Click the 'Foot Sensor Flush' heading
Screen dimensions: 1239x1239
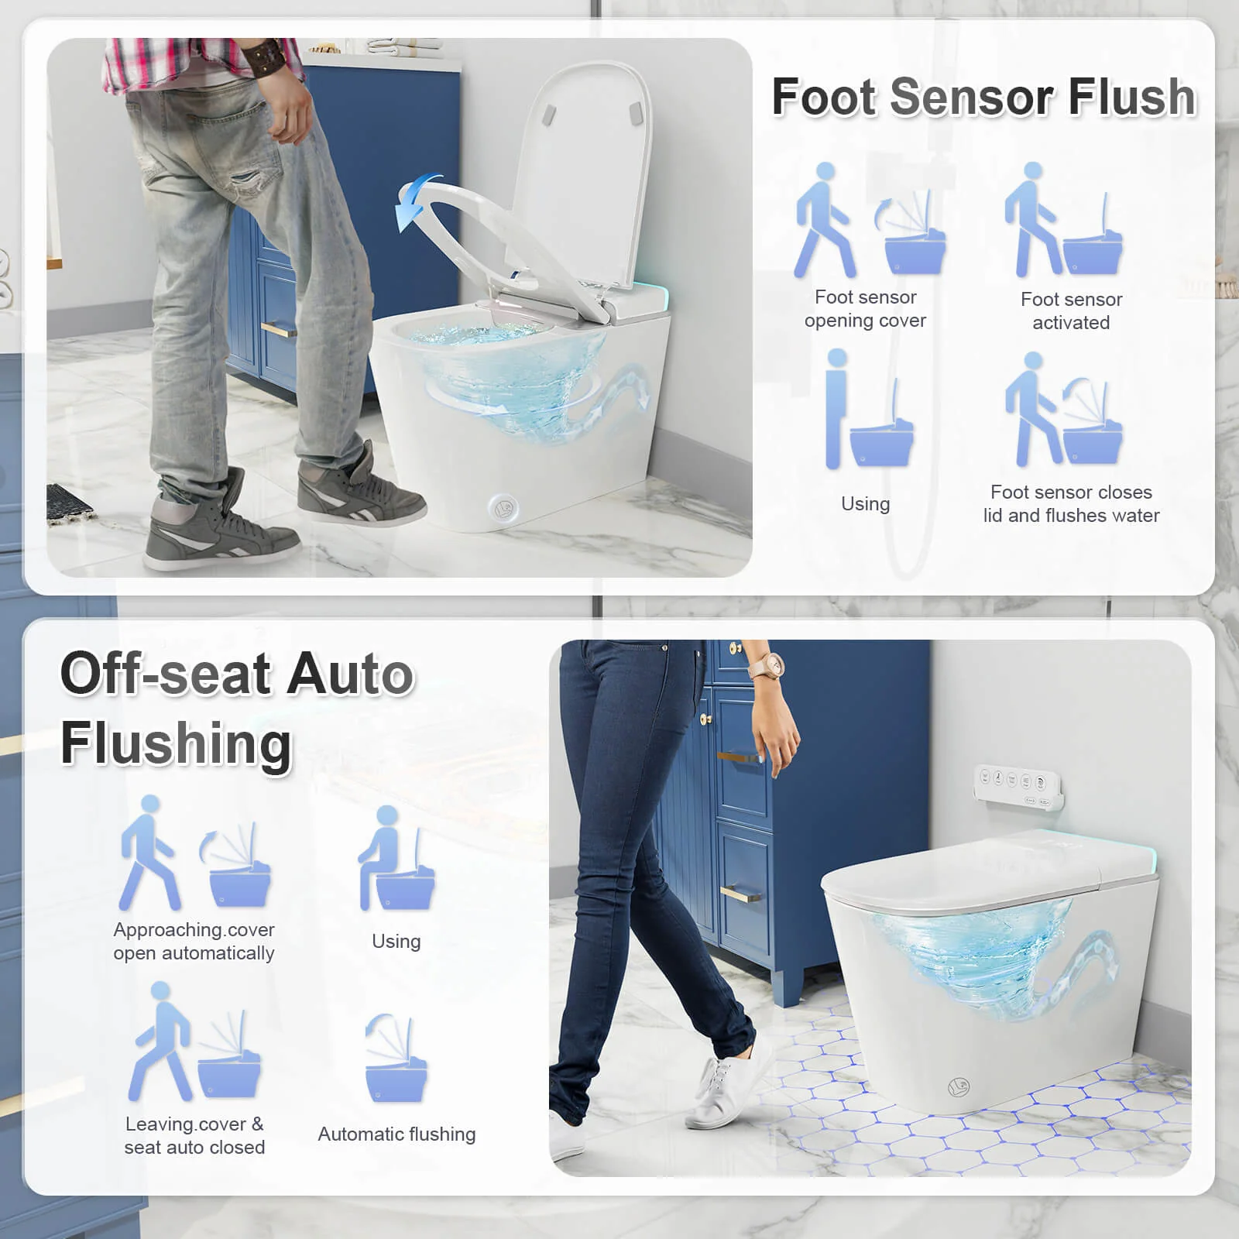click(x=983, y=98)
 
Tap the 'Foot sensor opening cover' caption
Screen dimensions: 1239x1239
click(x=865, y=309)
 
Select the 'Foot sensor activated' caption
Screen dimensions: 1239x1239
click(x=1071, y=311)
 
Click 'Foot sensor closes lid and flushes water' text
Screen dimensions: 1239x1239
click(x=1071, y=503)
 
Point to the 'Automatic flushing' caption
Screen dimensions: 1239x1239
click(x=396, y=1134)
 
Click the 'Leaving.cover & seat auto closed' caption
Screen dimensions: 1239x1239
click(x=194, y=1135)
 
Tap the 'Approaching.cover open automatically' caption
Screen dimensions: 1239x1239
click(x=194, y=941)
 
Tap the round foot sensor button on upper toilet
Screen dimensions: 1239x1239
click(x=503, y=509)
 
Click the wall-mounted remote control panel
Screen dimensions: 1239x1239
click(x=1018, y=788)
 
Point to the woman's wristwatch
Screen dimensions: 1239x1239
click(x=771, y=664)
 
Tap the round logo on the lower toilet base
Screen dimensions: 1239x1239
click(x=959, y=1088)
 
